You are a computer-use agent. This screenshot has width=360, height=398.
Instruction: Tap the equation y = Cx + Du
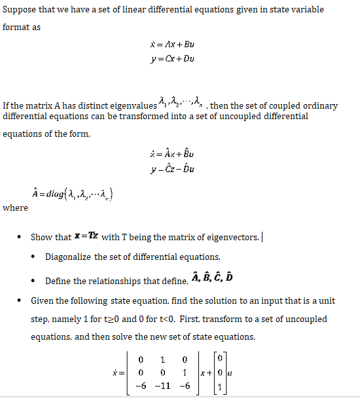point(172,58)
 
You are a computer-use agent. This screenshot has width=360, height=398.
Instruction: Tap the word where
point(15,208)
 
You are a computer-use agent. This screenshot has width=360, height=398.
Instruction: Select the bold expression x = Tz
point(85,236)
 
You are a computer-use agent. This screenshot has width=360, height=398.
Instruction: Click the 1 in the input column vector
point(220,386)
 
